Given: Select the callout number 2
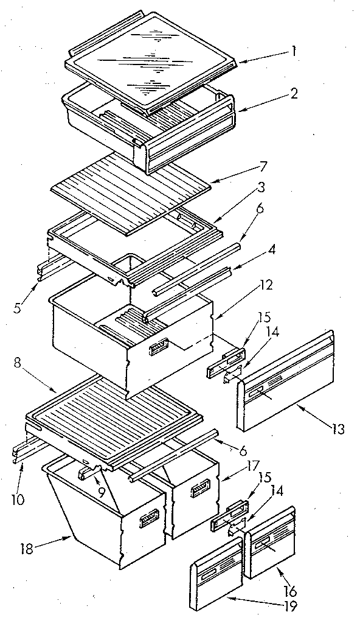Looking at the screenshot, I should coord(293,94).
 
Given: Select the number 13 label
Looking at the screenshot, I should coord(339,430).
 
